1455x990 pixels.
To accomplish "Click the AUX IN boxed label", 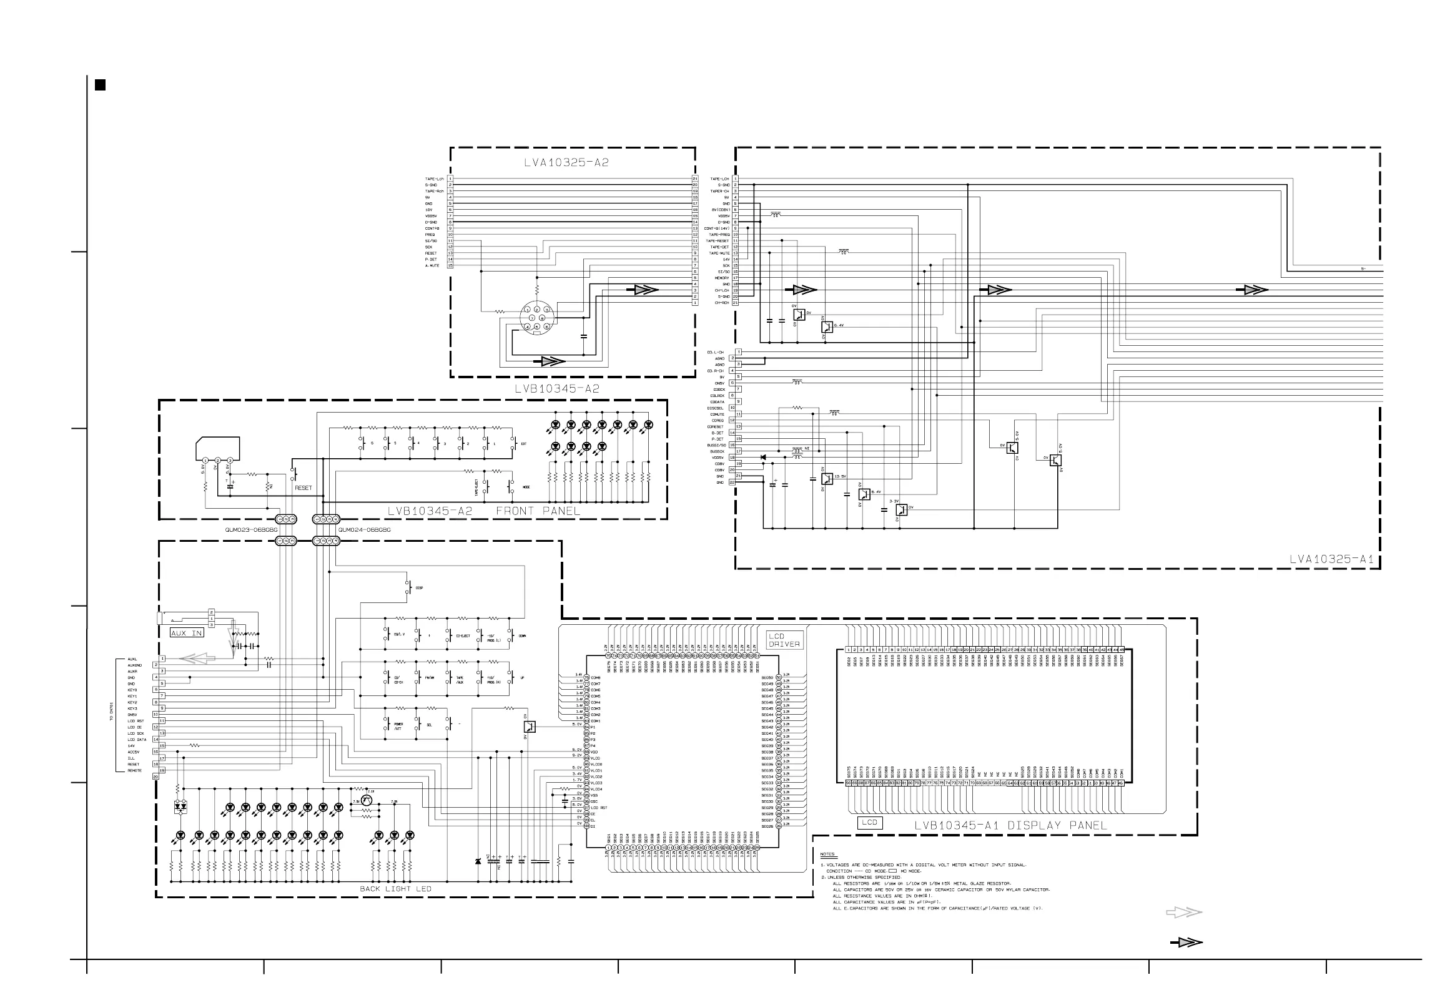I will pos(187,633).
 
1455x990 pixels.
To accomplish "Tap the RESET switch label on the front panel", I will pos(303,488).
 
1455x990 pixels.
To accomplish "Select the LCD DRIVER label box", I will pos(784,640).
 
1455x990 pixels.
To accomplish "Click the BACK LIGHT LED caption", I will pos(395,889).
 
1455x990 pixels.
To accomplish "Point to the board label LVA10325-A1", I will pos(1330,559).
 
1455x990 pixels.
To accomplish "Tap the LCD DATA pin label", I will pos(137,740).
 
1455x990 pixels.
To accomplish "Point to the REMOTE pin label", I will pos(135,770).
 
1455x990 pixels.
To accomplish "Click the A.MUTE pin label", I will pos(432,265).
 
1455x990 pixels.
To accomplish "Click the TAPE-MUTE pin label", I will pos(719,253).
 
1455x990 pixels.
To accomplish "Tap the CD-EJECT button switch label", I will pos(463,636).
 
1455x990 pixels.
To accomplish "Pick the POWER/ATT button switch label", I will pos(398,726).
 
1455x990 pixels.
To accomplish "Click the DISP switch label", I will pos(419,587).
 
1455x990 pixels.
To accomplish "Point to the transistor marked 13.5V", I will pos(827,479).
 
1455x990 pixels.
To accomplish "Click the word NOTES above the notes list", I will pos(827,854).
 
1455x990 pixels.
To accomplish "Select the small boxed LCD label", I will pos(869,822).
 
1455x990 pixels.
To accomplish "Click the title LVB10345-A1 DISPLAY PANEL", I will pos(1010,825).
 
